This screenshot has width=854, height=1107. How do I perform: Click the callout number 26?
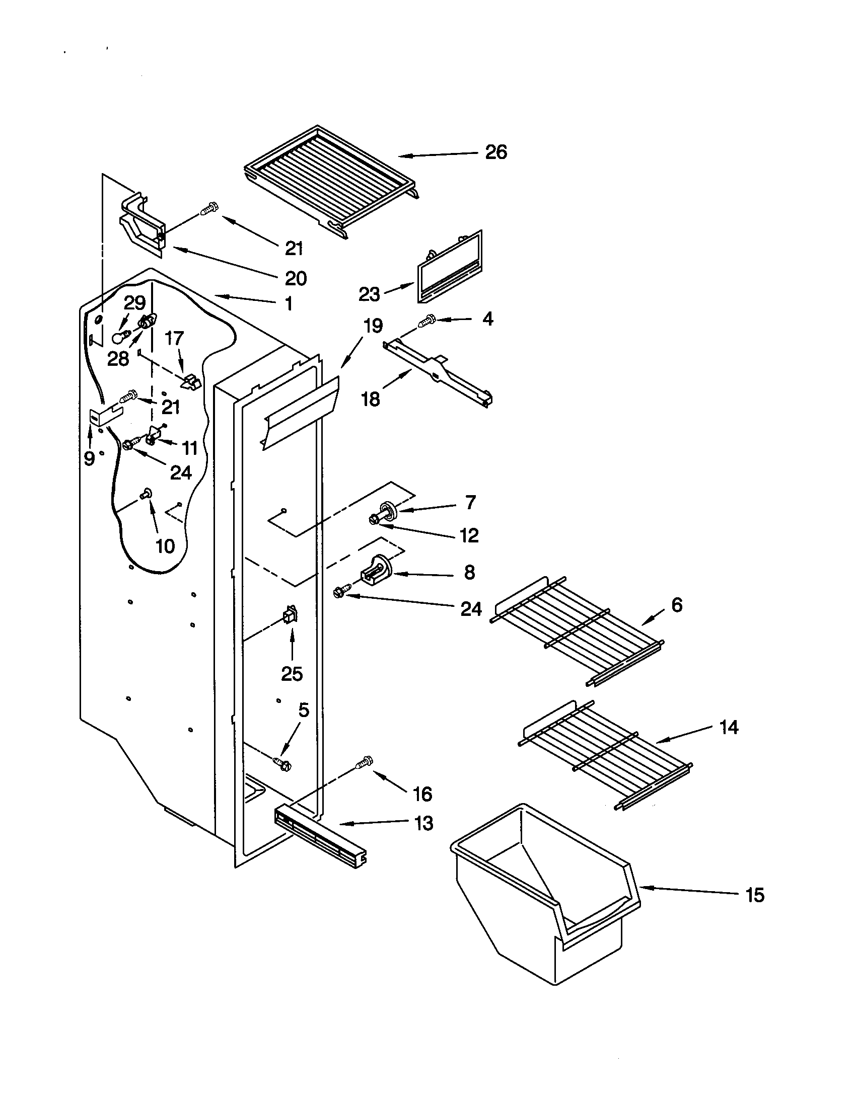495,152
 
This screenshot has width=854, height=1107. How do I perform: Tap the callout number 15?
755,895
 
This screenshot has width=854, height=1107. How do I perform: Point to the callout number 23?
369,294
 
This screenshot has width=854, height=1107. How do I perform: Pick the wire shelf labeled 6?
577,630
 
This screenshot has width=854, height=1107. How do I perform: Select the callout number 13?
423,823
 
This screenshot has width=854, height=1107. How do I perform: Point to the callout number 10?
165,546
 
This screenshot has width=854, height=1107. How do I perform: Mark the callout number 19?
373,326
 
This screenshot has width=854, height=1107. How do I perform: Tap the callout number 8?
469,573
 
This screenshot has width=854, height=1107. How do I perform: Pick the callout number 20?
296,278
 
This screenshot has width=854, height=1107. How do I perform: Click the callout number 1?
288,304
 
